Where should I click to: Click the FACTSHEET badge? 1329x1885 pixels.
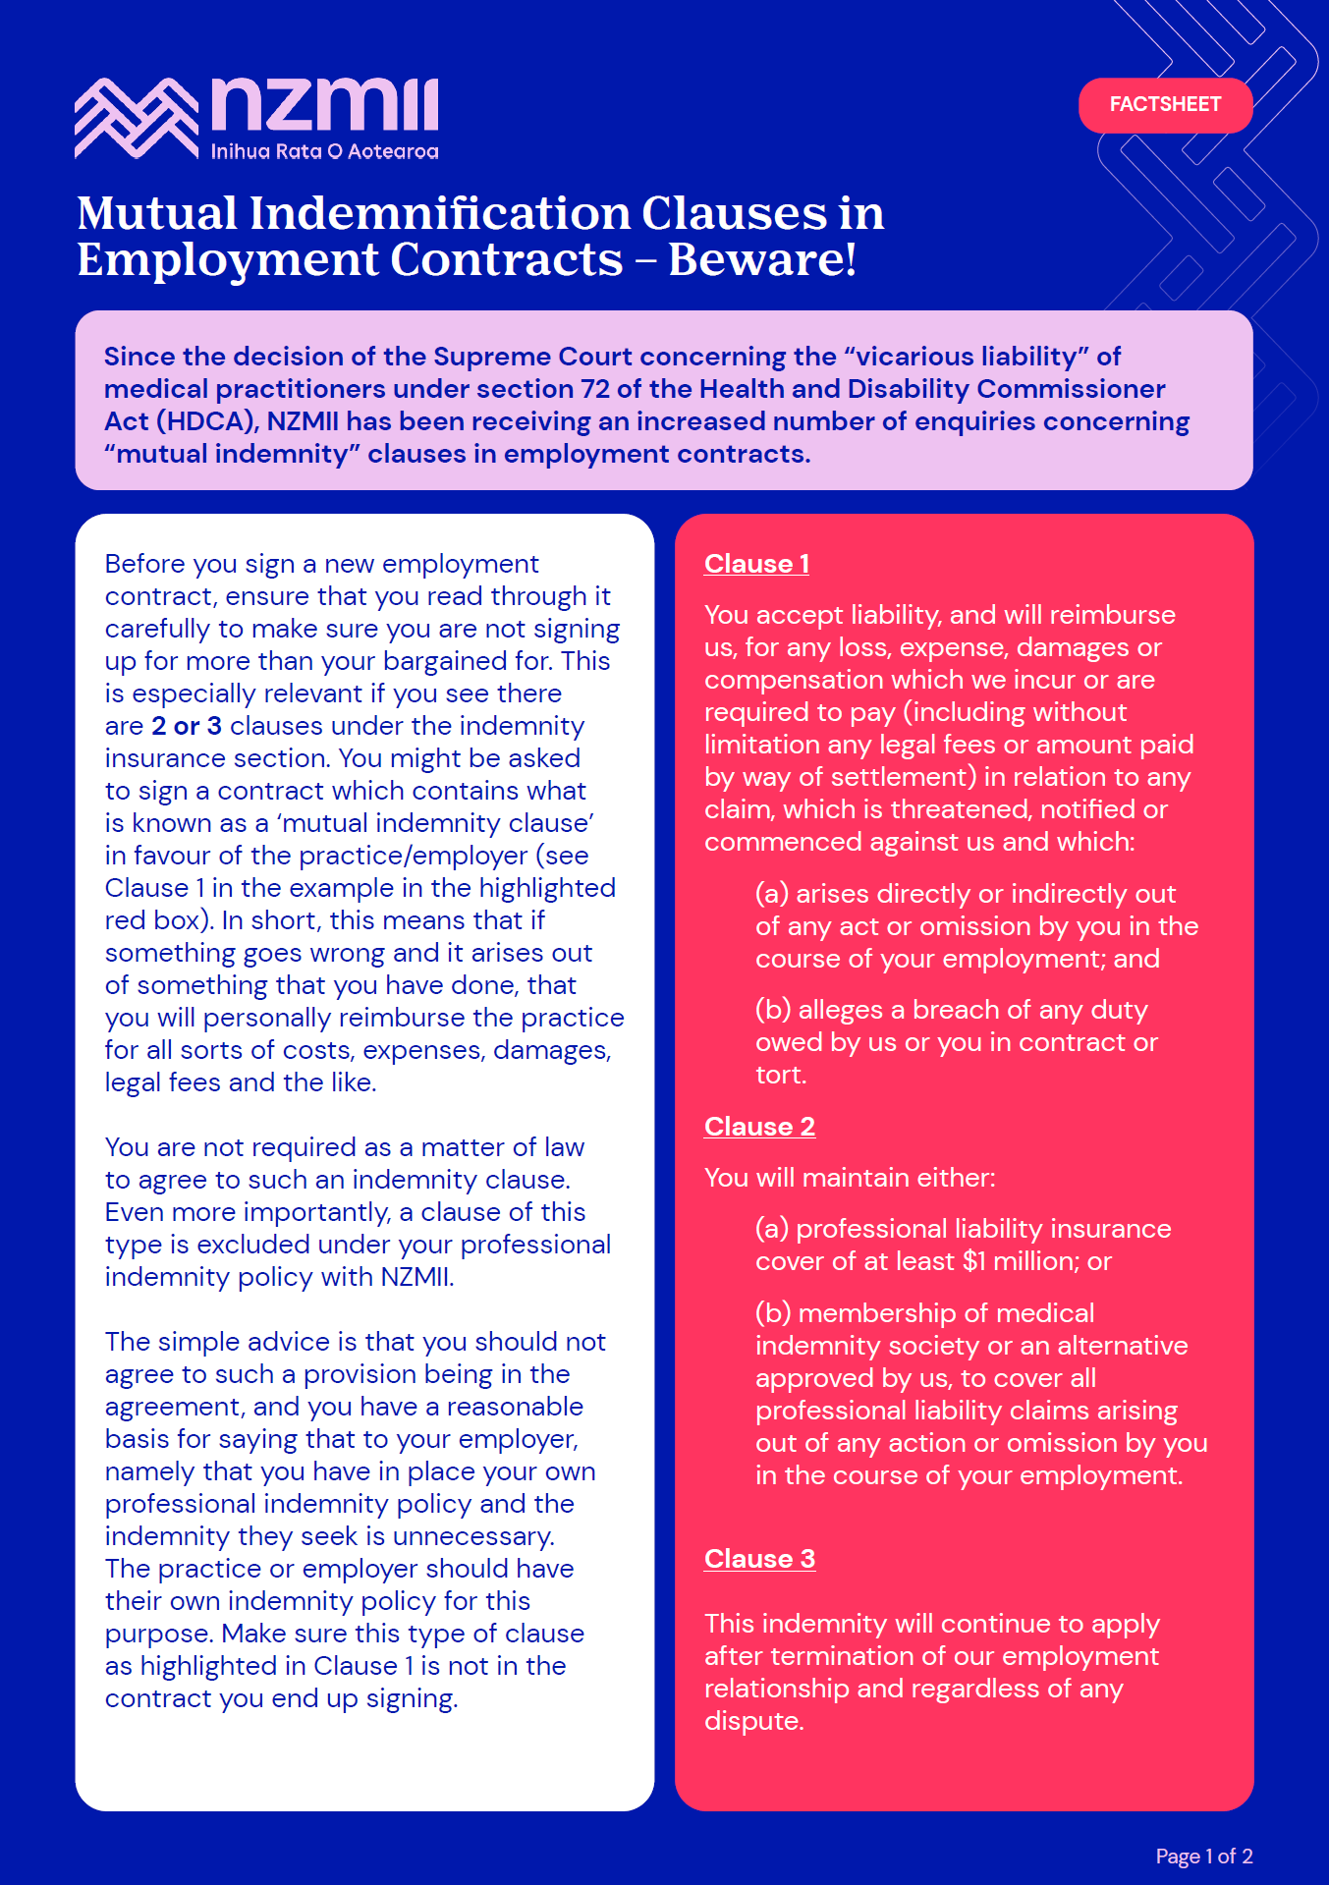(x=1165, y=105)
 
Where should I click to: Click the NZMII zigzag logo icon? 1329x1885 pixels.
(x=137, y=119)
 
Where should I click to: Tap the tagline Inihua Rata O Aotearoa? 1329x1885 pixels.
(x=324, y=151)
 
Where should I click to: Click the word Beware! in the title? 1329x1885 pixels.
(x=762, y=260)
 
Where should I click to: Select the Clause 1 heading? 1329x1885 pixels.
(x=756, y=564)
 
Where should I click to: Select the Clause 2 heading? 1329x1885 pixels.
(x=759, y=1127)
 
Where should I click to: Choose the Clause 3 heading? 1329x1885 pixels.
(x=759, y=1559)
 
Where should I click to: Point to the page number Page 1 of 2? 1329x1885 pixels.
(x=1203, y=1856)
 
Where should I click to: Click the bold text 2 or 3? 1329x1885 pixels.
(x=186, y=726)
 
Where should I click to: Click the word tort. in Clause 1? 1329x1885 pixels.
(x=781, y=1075)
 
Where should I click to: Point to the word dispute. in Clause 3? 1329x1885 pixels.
(x=753, y=1721)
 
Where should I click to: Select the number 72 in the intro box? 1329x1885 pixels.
(x=594, y=389)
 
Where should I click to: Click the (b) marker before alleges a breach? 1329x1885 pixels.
(x=772, y=1010)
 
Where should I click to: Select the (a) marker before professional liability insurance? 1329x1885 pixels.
(x=771, y=1229)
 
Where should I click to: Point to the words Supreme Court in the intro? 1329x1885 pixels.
(x=531, y=357)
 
